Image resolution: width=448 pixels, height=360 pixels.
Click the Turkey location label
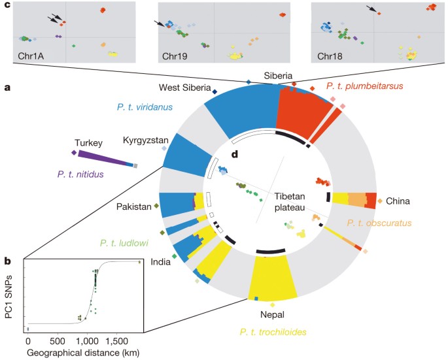tap(89, 142)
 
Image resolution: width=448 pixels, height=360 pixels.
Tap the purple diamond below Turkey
tap(74, 152)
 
